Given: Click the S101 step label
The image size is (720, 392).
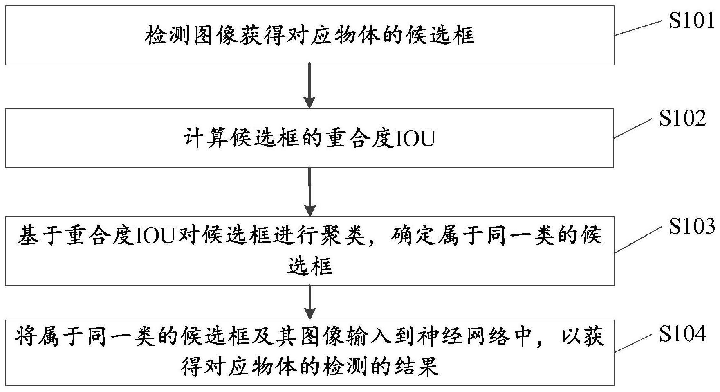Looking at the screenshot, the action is (691, 20).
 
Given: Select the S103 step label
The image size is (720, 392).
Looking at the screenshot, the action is (691, 226).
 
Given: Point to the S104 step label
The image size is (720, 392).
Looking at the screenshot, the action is (682, 334).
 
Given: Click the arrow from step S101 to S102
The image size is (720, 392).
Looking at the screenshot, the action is (310, 85).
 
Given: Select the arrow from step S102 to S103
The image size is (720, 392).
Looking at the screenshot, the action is (310, 191).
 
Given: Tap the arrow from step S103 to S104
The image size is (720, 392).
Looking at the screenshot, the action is (310, 302).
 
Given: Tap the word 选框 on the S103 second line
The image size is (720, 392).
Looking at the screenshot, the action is (310, 266).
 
